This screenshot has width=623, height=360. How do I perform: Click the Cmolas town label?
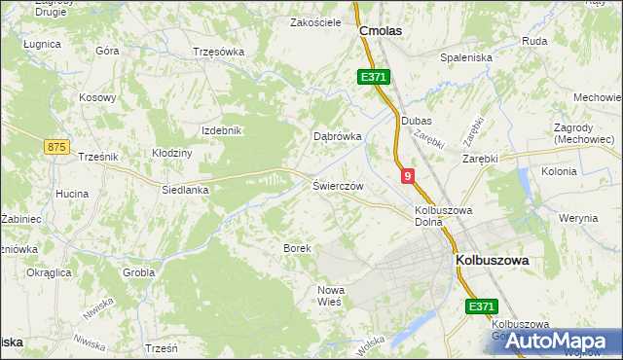tap(381, 31)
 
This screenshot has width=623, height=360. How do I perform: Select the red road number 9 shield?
tap(407, 176)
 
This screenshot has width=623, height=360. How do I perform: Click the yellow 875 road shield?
tap(57, 146)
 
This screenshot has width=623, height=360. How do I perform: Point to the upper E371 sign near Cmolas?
tap(373, 77)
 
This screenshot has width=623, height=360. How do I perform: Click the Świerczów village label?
tap(338, 186)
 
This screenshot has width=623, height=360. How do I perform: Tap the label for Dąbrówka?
tap(337, 137)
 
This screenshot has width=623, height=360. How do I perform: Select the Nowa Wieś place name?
tap(332, 297)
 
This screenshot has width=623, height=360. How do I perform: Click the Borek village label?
tap(297, 249)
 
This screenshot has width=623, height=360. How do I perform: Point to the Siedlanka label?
tap(186, 191)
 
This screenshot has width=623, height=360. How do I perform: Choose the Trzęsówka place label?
tap(220, 52)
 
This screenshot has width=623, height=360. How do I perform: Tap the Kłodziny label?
tap(172, 153)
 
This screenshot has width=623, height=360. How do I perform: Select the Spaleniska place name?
tap(466, 57)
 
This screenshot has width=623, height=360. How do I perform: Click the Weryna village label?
tap(579, 218)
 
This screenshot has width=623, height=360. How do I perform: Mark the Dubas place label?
tap(416, 121)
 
